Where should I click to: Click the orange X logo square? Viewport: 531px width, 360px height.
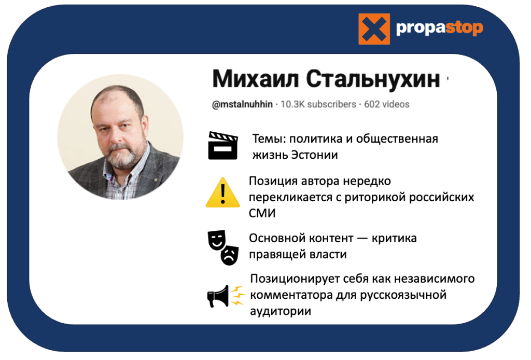pos(374,29)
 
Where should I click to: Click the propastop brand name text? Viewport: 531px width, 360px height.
pos(439,28)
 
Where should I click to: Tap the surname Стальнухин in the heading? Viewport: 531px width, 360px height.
pos(373,79)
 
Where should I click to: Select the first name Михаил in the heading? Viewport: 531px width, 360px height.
pos(256,79)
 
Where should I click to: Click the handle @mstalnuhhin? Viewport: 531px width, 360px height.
pos(242,104)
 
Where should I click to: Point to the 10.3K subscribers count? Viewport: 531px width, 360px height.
pos(318,104)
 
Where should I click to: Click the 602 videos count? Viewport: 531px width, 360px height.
pos(387,104)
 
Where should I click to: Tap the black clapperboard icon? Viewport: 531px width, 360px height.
pos(223,146)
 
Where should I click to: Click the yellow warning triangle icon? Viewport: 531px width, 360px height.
pos(223,192)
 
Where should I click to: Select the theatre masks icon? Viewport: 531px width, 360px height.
pos(223,247)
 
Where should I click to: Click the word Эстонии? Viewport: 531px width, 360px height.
pos(315,155)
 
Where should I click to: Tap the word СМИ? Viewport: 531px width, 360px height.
pos(262,213)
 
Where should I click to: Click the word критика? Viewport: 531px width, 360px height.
pos(394,239)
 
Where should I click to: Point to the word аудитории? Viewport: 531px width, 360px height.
pos(281,311)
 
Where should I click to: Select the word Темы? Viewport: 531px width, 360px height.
pos(269,139)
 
